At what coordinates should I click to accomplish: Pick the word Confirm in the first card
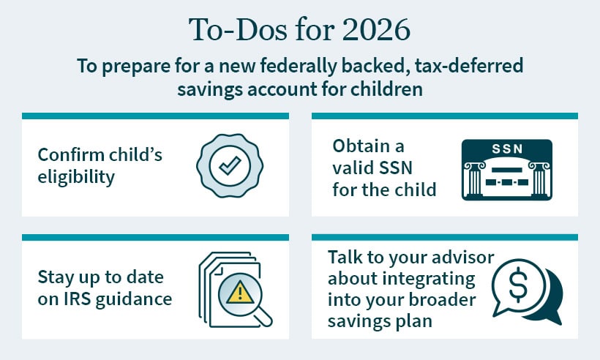click(70, 155)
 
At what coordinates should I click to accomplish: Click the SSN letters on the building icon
click(506, 149)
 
